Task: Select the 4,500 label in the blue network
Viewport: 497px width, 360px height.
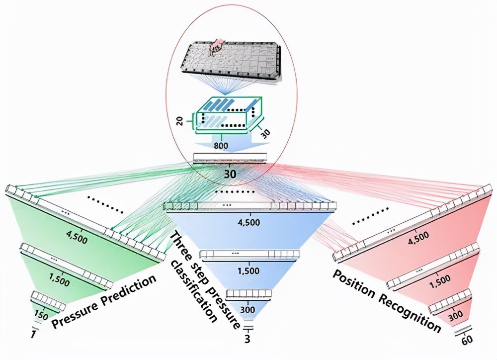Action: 249,222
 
